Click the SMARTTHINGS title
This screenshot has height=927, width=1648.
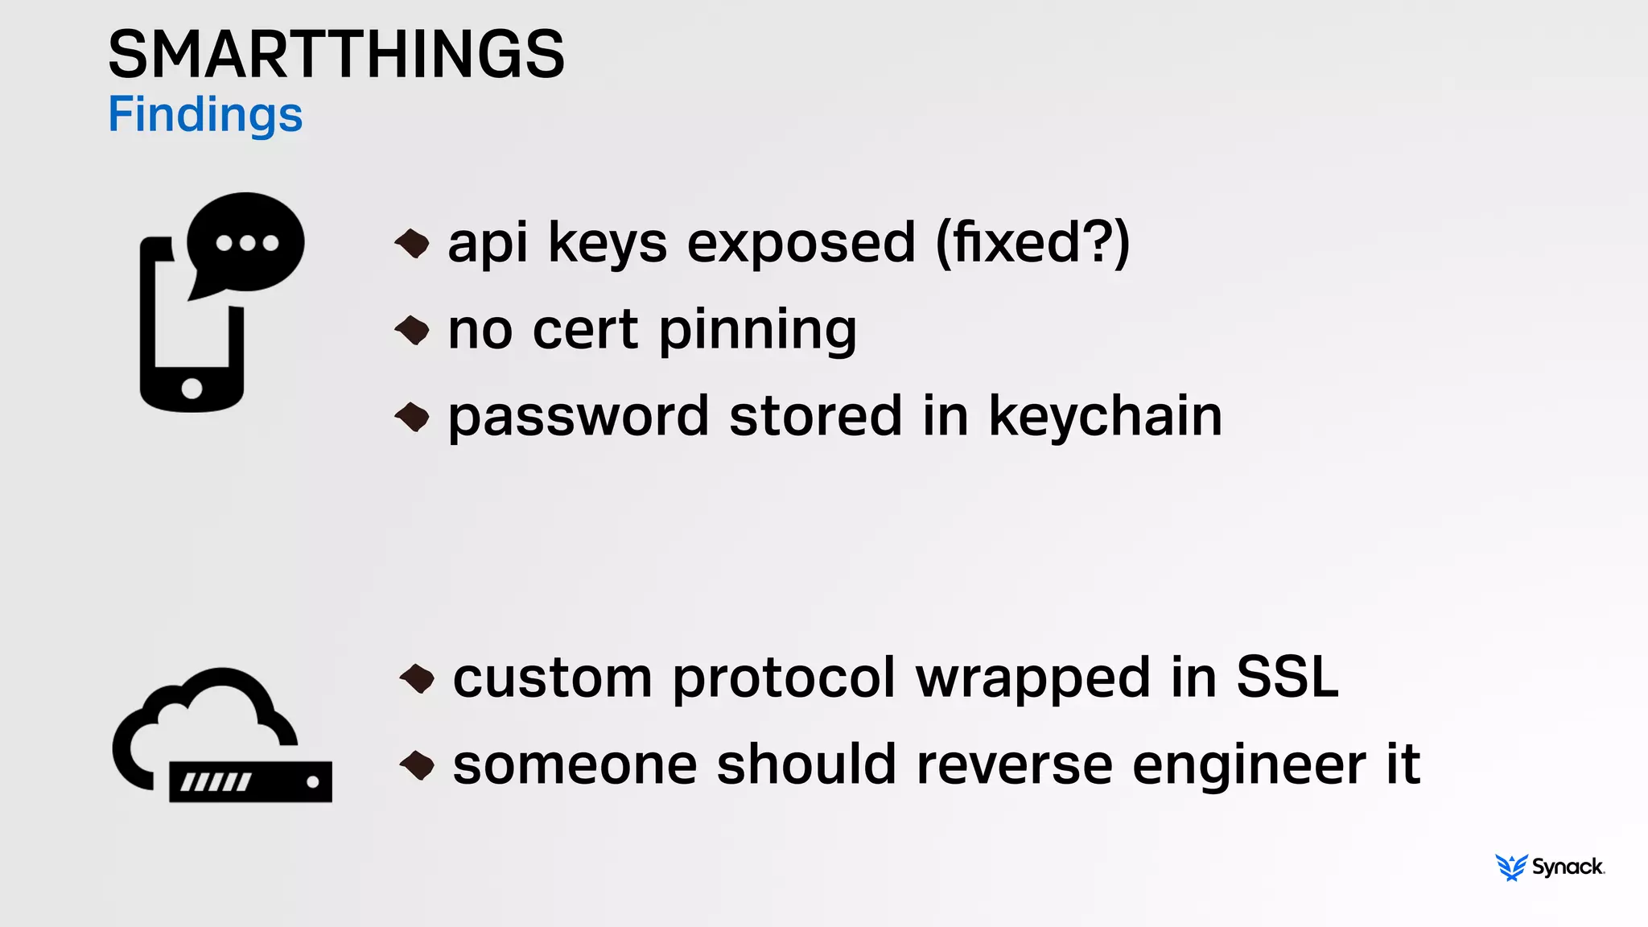point(336,55)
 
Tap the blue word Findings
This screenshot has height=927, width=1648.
point(205,115)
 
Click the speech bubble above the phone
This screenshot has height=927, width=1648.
point(245,241)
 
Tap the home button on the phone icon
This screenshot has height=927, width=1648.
point(192,389)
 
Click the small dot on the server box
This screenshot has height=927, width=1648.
point(313,781)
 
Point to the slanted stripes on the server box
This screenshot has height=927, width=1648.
point(215,781)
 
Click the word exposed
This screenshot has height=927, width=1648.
point(801,242)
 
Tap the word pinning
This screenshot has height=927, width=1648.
point(757,332)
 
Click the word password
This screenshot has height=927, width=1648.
point(579,418)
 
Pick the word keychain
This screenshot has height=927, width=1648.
point(1105,416)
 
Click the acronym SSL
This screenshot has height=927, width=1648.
point(1287,677)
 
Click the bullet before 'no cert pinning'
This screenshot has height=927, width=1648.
point(413,330)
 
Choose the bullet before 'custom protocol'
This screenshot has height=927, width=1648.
point(418,678)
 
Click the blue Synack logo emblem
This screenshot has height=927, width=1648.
point(1511,867)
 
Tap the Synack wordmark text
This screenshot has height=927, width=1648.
point(1568,867)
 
